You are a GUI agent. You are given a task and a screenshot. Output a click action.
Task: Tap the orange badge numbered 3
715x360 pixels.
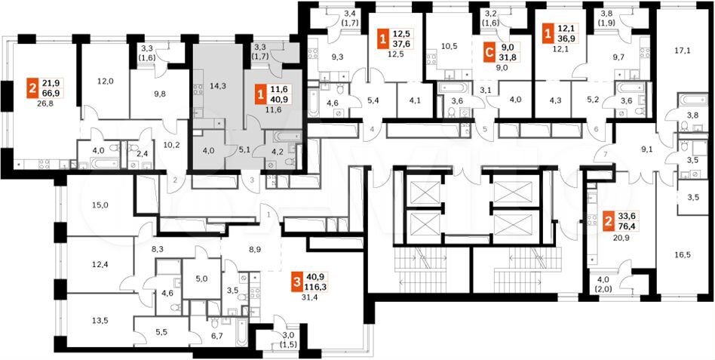point(297,282)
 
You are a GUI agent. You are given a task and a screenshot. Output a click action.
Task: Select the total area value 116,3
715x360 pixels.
point(317,287)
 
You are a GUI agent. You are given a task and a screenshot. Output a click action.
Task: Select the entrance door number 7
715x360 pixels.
point(605,155)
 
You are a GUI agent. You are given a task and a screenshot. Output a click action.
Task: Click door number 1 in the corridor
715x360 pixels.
point(269,214)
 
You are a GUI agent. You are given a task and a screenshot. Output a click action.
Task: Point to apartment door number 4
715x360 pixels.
point(372,129)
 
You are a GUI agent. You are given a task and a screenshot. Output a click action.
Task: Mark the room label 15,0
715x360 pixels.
point(100,205)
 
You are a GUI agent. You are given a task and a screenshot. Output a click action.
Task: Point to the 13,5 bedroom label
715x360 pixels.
point(100,320)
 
